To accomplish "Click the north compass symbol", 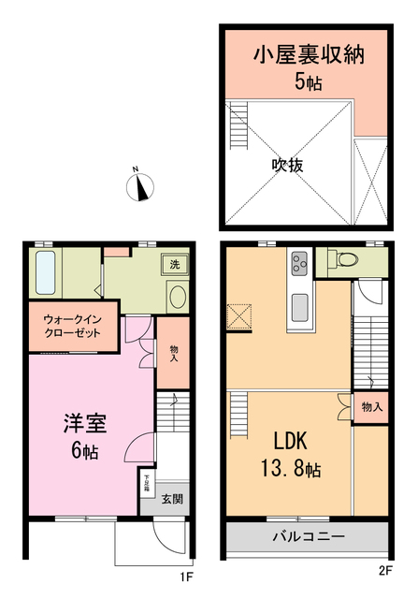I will coord(140,185).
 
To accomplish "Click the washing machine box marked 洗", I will coord(174,265).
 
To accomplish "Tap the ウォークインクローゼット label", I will coord(72,328).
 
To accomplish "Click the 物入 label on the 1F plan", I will coord(174,352).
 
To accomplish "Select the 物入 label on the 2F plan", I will coord(371,407).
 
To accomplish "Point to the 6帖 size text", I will coord(85,450).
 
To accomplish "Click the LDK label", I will coord(296,441).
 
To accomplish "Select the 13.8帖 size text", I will coord(296,467).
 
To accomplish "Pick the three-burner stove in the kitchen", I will coord(300,264).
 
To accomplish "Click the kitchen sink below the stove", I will coord(300,305).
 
